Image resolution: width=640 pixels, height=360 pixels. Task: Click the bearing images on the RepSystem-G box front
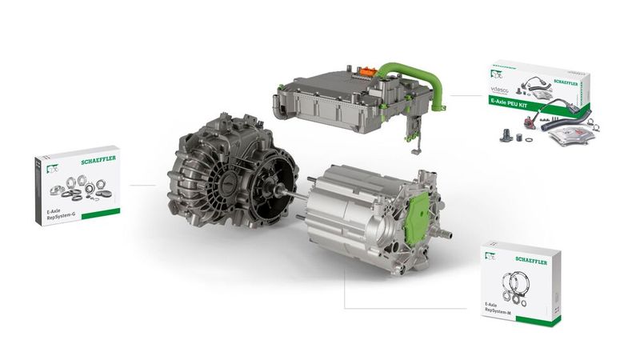74,190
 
